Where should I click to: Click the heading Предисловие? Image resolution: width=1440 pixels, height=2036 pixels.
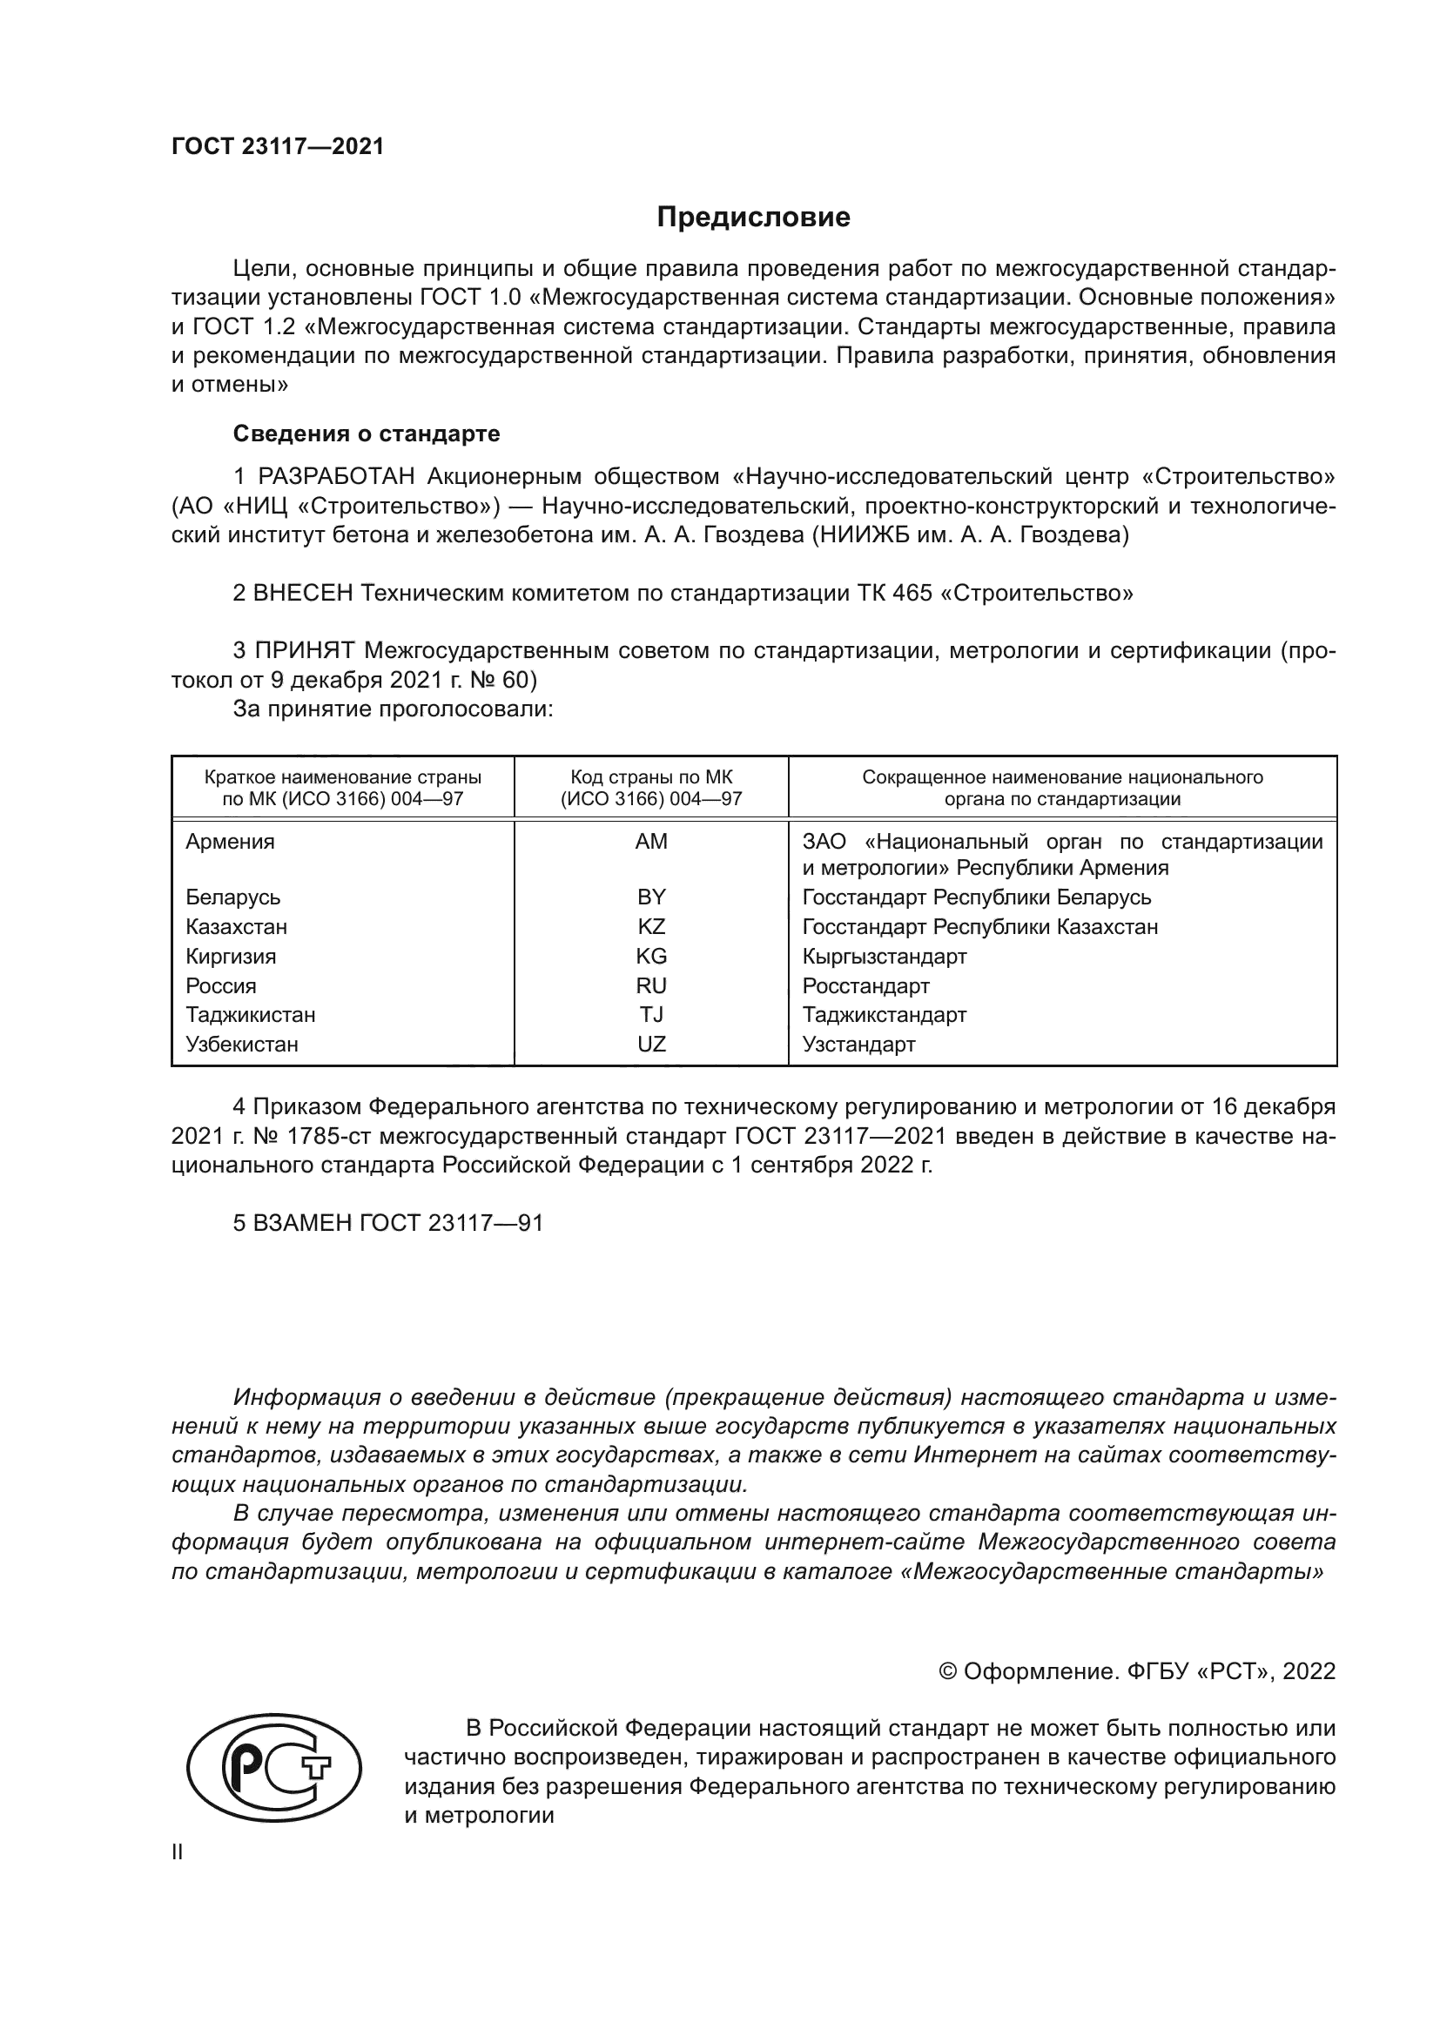pyautogui.click(x=753, y=218)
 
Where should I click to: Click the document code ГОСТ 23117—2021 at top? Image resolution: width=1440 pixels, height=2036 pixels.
pyautogui.click(x=278, y=146)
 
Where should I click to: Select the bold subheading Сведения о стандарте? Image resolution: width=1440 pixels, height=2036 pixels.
pyautogui.click(x=367, y=433)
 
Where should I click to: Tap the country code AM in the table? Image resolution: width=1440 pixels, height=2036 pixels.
pyautogui.click(x=651, y=842)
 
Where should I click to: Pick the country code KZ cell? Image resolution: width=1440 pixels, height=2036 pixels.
pyautogui.click(x=651, y=927)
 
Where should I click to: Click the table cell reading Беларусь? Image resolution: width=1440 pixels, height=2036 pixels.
pyautogui.click(x=233, y=897)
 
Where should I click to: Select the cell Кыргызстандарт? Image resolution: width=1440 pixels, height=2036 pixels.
pyautogui.click(x=884, y=956)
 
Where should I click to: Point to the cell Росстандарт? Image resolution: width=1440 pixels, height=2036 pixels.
pyautogui.click(x=865, y=985)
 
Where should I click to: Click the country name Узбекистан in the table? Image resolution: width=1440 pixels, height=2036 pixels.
pyautogui.click(x=242, y=1044)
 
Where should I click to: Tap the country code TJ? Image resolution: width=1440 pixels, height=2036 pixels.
pyautogui.click(x=651, y=1014)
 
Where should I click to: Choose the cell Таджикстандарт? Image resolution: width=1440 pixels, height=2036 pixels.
pyautogui.click(x=884, y=1014)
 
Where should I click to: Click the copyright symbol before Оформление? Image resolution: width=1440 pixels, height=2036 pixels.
pyautogui.click(x=947, y=1671)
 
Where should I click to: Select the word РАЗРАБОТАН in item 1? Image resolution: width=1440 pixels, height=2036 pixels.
pyautogui.click(x=336, y=477)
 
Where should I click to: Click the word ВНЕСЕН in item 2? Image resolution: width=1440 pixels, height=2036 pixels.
pyautogui.click(x=303, y=594)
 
